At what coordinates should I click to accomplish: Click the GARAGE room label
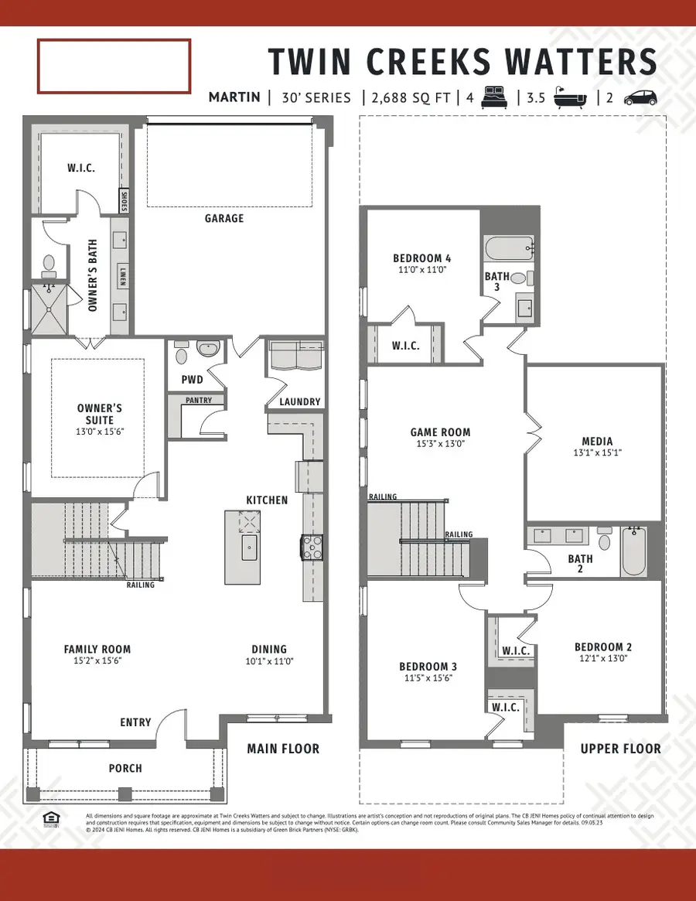[224, 218]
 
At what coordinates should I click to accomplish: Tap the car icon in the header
[640, 97]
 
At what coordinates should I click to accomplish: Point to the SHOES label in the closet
[124, 201]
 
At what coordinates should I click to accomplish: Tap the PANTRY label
[204, 401]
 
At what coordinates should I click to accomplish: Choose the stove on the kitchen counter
[311, 547]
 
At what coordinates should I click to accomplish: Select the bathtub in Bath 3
[508, 248]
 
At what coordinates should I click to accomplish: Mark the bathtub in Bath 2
[634, 551]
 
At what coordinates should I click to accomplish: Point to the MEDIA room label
[594, 442]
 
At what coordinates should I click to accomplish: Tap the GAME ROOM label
[441, 432]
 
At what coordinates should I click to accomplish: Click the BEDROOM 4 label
[421, 258]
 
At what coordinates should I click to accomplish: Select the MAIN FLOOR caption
[282, 749]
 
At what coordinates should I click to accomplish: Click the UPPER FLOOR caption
[621, 749]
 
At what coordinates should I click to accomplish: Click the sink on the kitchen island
[249, 551]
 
